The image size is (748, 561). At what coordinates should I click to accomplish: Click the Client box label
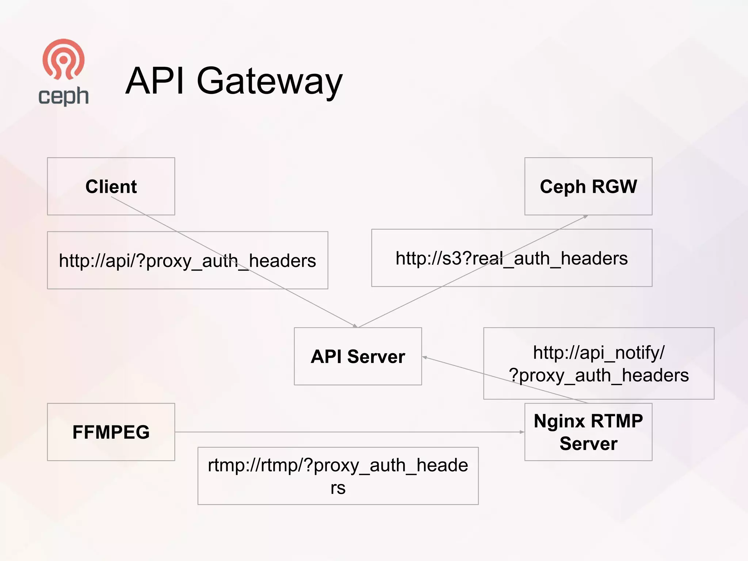(x=111, y=187)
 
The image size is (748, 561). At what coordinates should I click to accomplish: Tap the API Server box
(x=358, y=356)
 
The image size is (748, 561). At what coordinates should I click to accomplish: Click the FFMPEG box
(x=111, y=432)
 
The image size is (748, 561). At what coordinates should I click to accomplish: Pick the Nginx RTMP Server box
(x=588, y=432)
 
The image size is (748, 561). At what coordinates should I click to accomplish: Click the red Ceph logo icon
(x=64, y=59)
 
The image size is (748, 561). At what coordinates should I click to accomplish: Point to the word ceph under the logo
(x=64, y=96)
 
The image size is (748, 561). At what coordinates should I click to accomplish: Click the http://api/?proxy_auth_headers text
(x=187, y=261)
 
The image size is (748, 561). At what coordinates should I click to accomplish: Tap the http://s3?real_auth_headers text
(x=511, y=258)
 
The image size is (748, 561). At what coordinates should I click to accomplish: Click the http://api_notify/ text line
(x=599, y=353)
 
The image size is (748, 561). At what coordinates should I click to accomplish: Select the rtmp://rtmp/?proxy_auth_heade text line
(x=338, y=465)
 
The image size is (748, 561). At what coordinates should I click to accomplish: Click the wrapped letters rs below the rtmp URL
(x=338, y=488)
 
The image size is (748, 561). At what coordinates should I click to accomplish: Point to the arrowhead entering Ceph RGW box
(x=585, y=217)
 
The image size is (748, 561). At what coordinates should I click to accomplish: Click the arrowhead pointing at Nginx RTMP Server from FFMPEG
(x=522, y=432)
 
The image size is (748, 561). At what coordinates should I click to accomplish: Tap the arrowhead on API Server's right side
(x=425, y=357)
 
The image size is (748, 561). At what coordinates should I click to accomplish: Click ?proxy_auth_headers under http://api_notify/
(x=599, y=375)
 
